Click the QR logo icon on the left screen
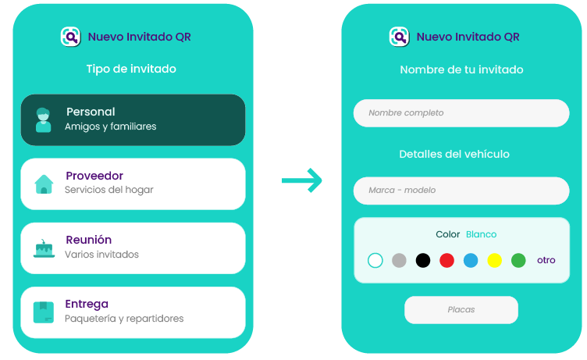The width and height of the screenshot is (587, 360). point(71,37)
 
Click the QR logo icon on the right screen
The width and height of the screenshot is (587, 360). point(400,37)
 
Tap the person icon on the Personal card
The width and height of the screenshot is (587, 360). point(44,120)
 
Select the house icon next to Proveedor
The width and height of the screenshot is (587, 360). point(44,184)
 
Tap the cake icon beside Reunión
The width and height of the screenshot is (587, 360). point(44,248)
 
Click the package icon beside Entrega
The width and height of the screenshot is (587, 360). point(44,312)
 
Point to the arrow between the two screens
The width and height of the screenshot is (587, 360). point(302,180)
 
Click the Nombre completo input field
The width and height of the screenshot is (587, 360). point(461,113)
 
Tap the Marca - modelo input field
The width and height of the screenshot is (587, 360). point(461,191)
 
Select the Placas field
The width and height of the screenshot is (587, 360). point(461,310)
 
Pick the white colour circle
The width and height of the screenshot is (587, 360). point(375,260)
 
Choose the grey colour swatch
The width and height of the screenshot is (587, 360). point(399,260)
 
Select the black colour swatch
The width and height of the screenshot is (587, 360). point(423,260)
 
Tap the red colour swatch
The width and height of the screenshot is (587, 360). point(446,260)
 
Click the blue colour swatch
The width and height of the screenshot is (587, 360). point(471,260)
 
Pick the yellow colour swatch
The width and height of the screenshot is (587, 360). point(494,260)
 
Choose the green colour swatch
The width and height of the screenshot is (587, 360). point(518,260)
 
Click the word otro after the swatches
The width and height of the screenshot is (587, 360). point(546,260)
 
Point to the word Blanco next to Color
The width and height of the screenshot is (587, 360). point(481,234)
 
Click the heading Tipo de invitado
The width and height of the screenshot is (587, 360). point(131,69)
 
